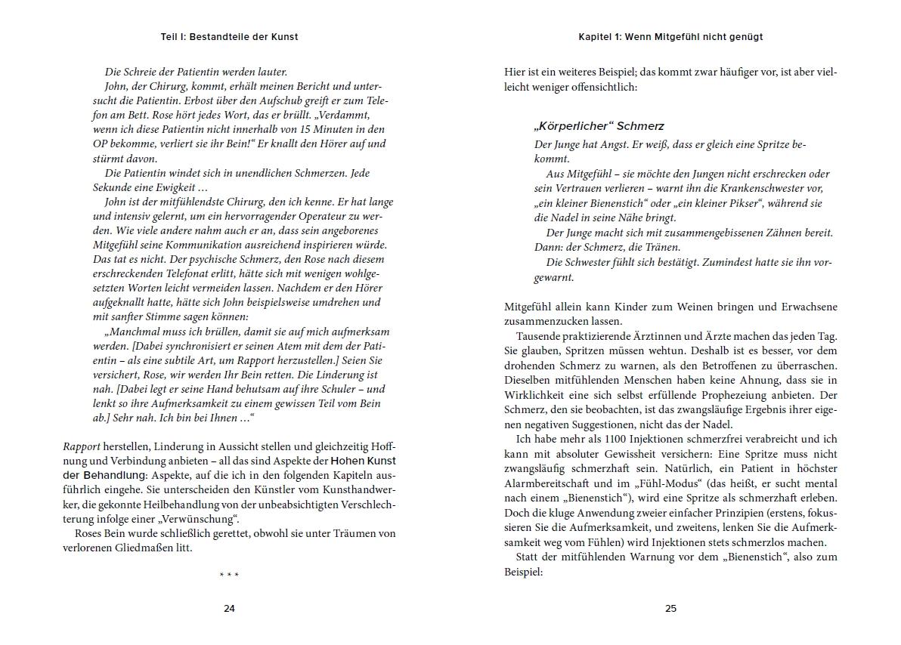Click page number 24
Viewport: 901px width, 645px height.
[x=229, y=609]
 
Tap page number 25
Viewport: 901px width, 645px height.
[x=670, y=609]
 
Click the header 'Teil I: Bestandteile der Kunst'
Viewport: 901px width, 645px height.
[x=229, y=36]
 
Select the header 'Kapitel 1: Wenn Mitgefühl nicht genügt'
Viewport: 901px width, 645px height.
[x=670, y=36]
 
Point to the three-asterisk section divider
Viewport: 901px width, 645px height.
[x=229, y=576]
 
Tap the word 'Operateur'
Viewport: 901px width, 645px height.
[x=310, y=216]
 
